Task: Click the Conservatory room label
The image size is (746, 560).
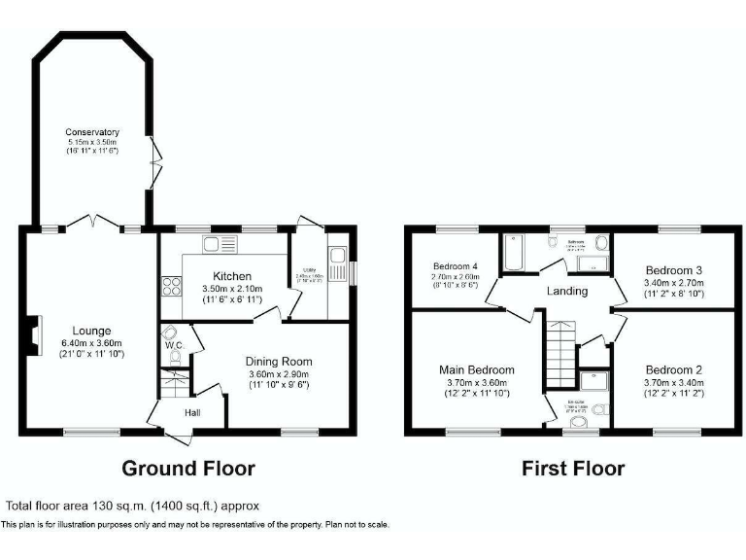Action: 92,132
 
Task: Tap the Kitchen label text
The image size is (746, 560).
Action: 232,276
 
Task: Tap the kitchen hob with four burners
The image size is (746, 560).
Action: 170,286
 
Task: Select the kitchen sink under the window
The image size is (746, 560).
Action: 220,243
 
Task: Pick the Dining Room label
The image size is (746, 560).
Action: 279,362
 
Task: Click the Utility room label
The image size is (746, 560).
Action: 310,271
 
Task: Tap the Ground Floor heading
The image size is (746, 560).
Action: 187,469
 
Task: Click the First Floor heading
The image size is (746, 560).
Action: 573,469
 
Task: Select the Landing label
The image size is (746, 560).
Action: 567,291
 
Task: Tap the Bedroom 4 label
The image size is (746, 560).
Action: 455,266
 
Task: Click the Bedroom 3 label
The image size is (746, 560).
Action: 674,269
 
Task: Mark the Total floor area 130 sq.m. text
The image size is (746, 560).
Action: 132,506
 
